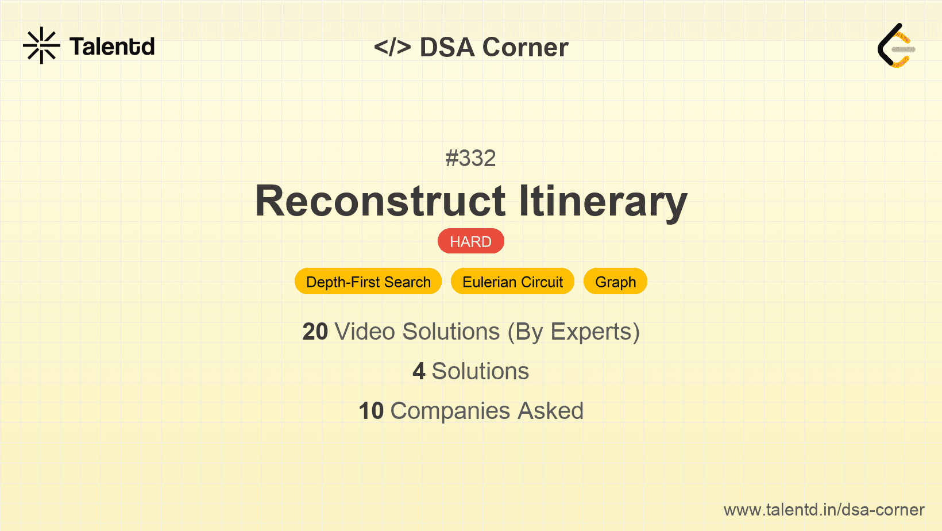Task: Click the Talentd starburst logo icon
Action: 41,46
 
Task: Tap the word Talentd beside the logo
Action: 112,47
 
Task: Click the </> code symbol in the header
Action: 392,47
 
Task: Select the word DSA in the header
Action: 447,47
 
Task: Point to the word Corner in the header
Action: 525,47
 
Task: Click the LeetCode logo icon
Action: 896,46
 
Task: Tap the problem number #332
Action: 470,158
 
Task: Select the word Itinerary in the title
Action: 603,201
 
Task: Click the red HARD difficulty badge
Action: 470,241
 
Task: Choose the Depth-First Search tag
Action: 368,282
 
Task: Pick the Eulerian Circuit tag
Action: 512,282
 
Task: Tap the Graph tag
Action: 615,282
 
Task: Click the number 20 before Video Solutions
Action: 315,332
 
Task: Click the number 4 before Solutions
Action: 419,371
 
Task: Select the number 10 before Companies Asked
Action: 370,411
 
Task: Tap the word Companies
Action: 450,411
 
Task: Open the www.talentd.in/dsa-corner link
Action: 824,510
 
